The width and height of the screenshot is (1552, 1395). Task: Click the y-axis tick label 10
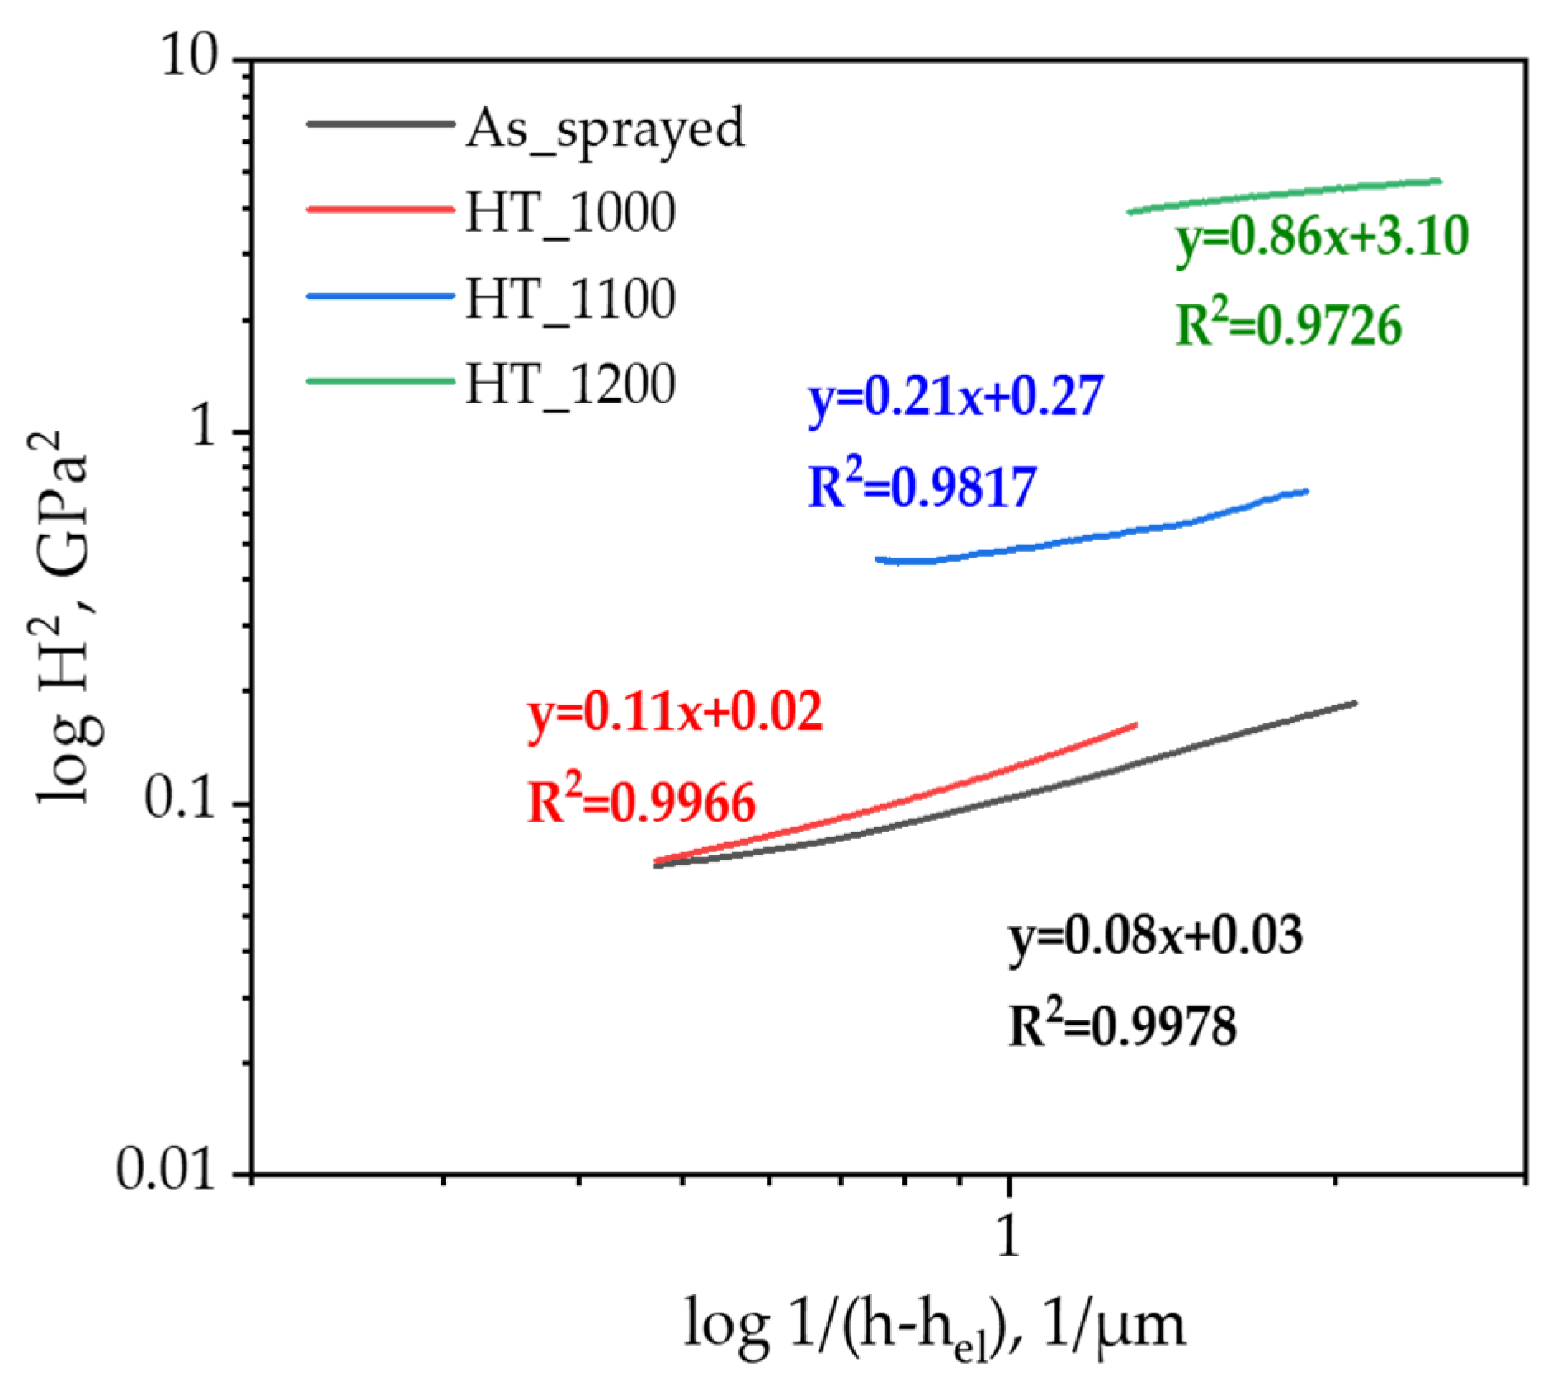click(x=190, y=58)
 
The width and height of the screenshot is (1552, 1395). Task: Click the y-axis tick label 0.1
click(x=179, y=799)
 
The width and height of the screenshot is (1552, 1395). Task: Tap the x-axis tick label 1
click(x=1008, y=1236)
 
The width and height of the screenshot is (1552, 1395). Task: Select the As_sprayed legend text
click(x=605, y=130)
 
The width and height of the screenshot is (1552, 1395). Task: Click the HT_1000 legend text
click(x=570, y=213)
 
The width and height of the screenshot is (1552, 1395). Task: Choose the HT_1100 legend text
click(x=570, y=299)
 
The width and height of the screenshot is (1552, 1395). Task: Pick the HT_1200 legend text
click(x=570, y=384)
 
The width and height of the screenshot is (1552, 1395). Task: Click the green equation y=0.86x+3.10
click(x=1322, y=238)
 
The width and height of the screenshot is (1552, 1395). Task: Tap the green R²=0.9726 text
click(x=1287, y=324)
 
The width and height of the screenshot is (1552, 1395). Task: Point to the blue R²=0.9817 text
click(x=921, y=486)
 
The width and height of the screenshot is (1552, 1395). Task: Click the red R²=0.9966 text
click(x=641, y=803)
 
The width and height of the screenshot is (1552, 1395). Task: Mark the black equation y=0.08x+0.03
click(x=1155, y=937)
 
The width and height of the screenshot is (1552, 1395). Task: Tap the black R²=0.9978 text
click(x=1122, y=1027)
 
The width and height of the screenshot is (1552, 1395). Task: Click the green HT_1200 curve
click(x=1284, y=195)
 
